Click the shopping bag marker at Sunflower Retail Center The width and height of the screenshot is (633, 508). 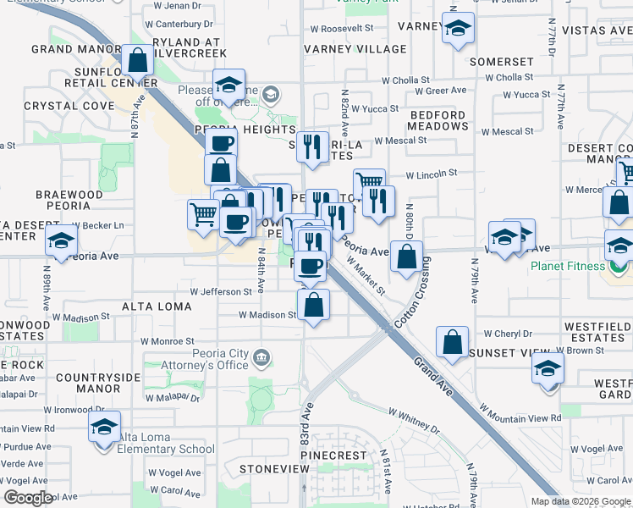point(137,61)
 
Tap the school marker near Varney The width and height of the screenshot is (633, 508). point(457,31)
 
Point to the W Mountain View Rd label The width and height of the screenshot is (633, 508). point(520,412)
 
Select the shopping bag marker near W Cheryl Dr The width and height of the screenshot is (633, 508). point(453,342)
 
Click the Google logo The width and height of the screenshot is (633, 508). point(28,497)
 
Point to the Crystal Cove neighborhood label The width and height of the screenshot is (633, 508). point(58,106)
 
